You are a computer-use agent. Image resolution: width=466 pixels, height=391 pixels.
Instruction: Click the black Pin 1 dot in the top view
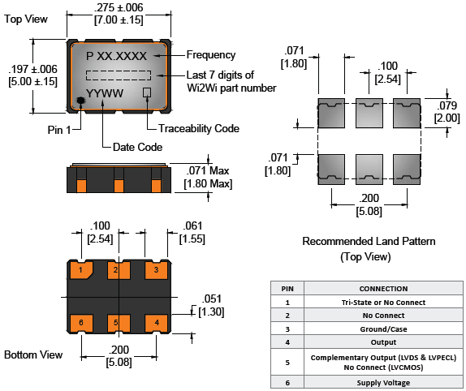80,101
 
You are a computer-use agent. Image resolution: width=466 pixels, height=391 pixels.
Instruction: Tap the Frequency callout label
211,55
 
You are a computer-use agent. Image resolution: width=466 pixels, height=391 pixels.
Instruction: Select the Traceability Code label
199,128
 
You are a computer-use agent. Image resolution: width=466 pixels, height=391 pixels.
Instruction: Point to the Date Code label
137,148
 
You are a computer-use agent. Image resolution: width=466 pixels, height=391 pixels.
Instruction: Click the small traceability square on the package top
147,92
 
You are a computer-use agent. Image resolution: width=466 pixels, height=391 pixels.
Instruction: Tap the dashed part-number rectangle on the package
119,75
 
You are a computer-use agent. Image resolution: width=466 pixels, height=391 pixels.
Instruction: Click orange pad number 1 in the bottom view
81,270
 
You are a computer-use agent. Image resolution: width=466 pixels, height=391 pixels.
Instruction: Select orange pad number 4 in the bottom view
157,323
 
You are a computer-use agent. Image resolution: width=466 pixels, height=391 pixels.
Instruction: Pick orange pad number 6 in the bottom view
81,323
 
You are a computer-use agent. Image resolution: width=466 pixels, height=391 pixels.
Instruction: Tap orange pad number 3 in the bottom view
157,270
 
